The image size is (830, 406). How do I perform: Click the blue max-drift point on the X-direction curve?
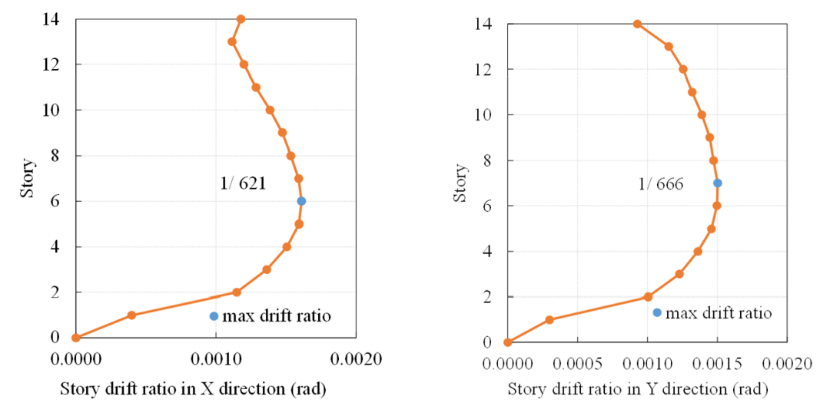301,201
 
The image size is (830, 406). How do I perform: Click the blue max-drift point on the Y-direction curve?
717,183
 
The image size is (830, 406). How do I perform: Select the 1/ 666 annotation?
660,183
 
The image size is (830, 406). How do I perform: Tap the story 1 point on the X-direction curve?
131,315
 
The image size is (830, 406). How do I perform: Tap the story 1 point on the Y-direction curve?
549,319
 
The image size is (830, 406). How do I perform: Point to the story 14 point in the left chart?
241,18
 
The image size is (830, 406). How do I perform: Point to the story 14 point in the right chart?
637,24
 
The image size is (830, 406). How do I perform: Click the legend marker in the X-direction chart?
214,316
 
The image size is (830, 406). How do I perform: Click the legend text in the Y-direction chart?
718,313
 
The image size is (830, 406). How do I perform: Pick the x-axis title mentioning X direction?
193,389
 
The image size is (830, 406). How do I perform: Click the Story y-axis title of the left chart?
28,178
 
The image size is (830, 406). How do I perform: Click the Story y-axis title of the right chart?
460,183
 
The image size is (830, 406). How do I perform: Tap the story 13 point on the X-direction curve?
232,41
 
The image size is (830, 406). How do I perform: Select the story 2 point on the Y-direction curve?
648,296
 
